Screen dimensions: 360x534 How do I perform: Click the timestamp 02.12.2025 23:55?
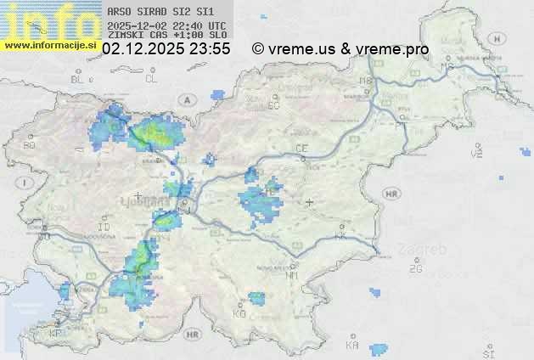point(166,49)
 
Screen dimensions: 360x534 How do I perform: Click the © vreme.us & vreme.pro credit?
point(340,49)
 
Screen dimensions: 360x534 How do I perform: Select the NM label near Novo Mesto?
point(292,275)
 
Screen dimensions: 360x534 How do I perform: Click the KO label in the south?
point(239,314)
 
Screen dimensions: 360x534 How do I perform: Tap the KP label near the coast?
point(56,334)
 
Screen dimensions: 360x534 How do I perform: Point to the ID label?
point(104,228)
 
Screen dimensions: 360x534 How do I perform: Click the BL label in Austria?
point(77,79)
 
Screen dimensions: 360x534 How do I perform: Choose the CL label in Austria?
point(151,79)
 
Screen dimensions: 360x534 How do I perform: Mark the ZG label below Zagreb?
point(415,269)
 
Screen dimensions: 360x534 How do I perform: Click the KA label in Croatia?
point(352,346)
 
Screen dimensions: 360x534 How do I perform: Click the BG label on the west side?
point(30,145)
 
